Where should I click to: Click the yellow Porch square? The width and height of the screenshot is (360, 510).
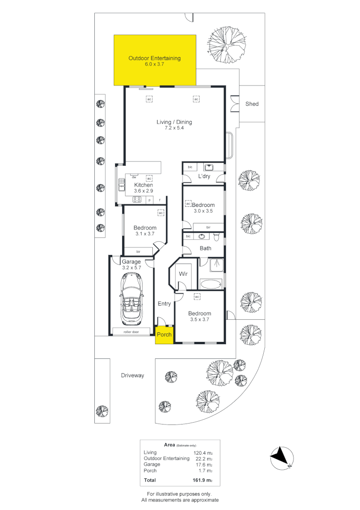pyautogui.click(x=164, y=334)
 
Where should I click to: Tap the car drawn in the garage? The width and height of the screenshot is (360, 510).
pyautogui.click(x=132, y=300)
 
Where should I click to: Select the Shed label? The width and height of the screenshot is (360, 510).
pyautogui.click(x=252, y=104)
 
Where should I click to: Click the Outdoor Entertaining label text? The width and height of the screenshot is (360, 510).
pyautogui.click(x=154, y=58)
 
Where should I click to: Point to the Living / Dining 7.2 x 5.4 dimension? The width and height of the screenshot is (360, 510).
pyautogui.click(x=174, y=128)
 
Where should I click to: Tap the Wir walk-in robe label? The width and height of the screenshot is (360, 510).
pyautogui.click(x=183, y=273)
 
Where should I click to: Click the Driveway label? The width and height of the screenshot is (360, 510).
pyautogui.click(x=132, y=375)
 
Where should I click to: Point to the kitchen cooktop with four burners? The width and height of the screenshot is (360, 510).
pyautogui.click(x=138, y=200)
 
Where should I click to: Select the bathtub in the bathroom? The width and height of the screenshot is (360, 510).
pyautogui.click(x=210, y=284)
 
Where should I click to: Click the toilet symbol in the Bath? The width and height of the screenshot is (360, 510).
pyautogui.click(x=217, y=236)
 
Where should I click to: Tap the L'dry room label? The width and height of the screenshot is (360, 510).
pyautogui.click(x=204, y=176)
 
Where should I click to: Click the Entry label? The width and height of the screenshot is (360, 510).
pyautogui.click(x=164, y=304)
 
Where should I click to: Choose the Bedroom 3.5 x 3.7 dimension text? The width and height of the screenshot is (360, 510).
pyautogui.click(x=200, y=320)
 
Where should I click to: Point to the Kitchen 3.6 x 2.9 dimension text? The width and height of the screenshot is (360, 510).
pyautogui.click(x=143, y=191)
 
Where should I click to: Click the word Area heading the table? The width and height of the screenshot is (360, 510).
pyautogui.click(x=169, y=444)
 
